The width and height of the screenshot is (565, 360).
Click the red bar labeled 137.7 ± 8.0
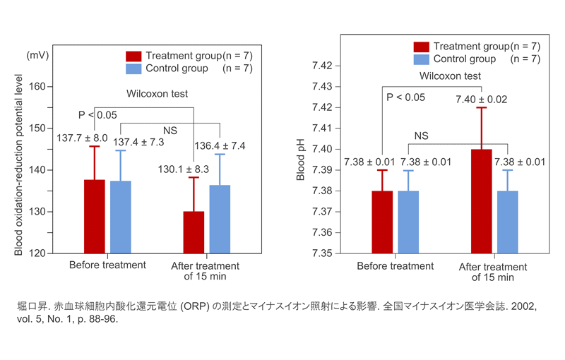pos(95,216)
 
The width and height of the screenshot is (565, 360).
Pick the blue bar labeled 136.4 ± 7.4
pos(220,219)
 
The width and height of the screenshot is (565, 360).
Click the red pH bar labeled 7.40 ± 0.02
pos(481,200)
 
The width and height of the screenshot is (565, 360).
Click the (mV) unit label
pos(37,54)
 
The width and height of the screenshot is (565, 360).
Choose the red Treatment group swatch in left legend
pos(133,56)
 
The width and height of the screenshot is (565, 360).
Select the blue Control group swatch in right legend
pos(422,59)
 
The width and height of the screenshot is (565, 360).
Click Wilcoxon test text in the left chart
pos(157,93)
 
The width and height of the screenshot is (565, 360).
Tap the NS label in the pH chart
pos(421,136)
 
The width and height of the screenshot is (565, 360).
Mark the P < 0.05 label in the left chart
pos(97,114)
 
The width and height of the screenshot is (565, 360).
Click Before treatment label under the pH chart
pos(395,266)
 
